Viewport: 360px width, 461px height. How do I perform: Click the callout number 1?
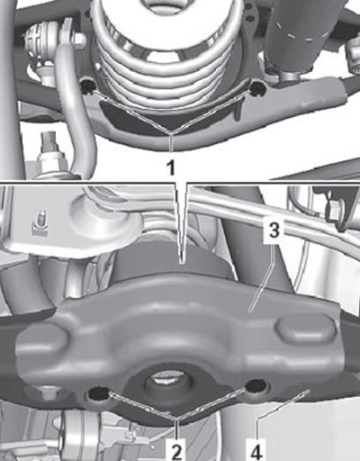coord(171,167)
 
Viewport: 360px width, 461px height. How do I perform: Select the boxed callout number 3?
coord(274,231)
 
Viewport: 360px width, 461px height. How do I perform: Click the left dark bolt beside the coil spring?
coord(88,87)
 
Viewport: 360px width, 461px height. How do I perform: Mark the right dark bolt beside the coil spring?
coord(256,88)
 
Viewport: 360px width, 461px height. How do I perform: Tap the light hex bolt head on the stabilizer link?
coord(78,39)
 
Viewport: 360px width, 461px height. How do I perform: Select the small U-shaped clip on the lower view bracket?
coord(40,225)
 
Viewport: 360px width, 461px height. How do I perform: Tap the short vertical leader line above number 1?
coord(171,146)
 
